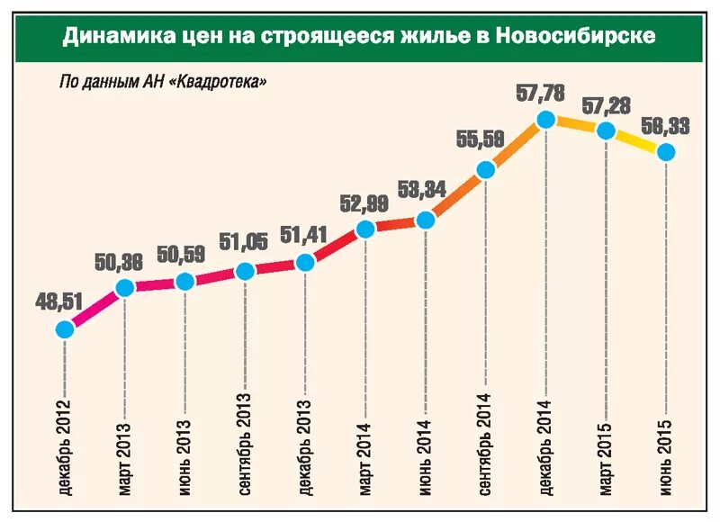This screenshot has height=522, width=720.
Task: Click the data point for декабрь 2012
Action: pos(65,329)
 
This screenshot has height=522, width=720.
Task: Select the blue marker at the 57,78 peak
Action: pos(545,119)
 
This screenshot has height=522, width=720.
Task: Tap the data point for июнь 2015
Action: pos(666,152)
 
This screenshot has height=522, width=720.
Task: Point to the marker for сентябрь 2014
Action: pos(485,169)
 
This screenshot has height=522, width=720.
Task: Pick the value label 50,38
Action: pos(119,263)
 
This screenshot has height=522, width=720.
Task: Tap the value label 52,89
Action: pos(364,203)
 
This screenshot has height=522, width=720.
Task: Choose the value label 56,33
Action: pos(666,127)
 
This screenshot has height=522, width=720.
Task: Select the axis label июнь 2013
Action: pos(184,455)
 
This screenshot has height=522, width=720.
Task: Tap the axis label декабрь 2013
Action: pos(305,445)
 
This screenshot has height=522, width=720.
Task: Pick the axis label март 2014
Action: pos(365,454)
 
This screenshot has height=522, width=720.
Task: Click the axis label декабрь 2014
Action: pos(545,445)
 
